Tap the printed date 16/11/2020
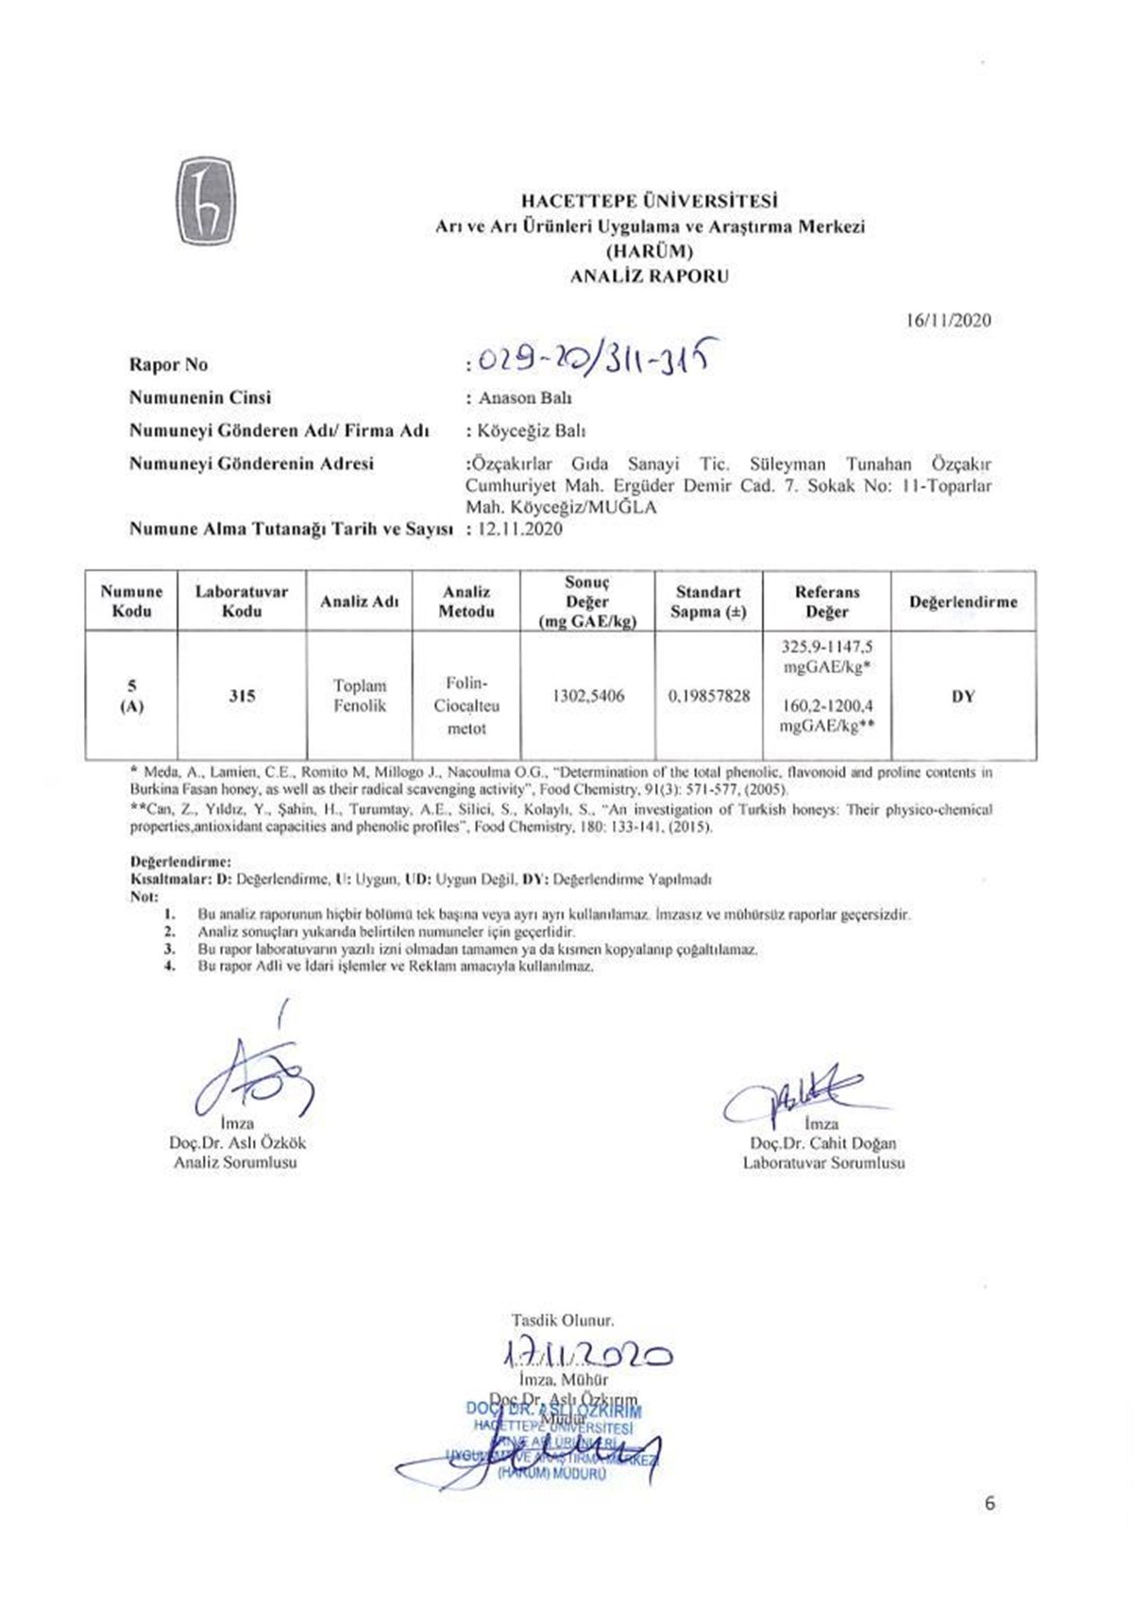[x=948, y=320]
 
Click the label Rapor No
[x=168, y=365]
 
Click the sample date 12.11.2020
[x=520, y=530]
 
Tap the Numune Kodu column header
[x=131, y=601]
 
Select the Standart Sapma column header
[x=708, y=602]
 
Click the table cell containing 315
[x=242, y=696]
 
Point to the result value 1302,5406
[x=587, y=696]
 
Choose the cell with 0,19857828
[x=709, y=696]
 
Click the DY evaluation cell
[x=963, y=697]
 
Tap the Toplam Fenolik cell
[x=360, y=696]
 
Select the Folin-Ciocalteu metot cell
[x=466, y=705]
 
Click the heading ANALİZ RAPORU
[x=650, y=277]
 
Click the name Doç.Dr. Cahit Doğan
[x=823, y=1143]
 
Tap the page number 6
[x=989, y=1503]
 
